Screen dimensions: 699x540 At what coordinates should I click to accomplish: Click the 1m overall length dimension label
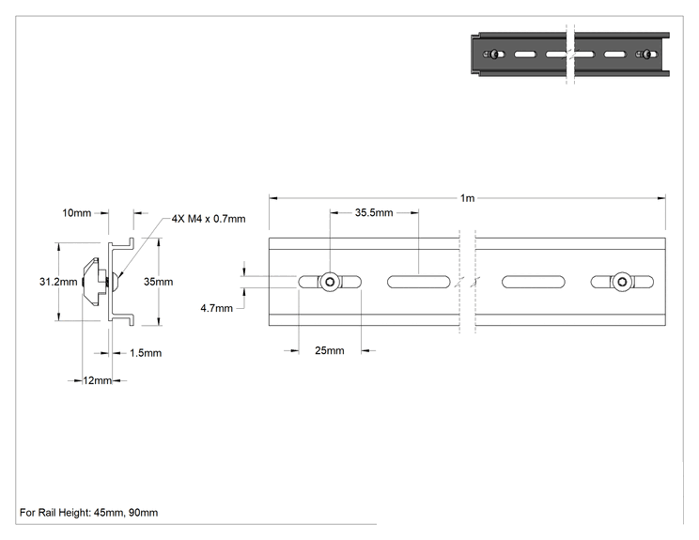coord(467,198)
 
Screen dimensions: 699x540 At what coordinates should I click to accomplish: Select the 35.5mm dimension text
coord(374,212)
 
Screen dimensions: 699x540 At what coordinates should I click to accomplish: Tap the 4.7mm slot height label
coord(217,308)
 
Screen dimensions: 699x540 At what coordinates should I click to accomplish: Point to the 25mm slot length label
coord(330,350)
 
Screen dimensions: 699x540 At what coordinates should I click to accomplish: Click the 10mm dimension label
coord(77,213)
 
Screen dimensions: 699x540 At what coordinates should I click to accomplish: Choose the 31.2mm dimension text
coord(58,282)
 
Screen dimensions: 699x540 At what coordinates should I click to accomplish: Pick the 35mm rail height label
coord(158,282)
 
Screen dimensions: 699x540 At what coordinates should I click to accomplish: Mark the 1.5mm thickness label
coord(146,353)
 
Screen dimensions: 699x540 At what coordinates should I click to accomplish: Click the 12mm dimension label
coord(97,380)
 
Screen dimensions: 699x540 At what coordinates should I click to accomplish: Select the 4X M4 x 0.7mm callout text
coord(209,219)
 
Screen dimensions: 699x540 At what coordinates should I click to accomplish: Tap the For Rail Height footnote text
coord(88,513)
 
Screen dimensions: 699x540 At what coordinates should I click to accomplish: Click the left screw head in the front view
coord(330,282)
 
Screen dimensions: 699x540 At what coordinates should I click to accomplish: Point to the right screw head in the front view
coord(622,282)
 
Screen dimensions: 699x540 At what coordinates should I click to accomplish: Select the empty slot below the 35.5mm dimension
coord(419,282)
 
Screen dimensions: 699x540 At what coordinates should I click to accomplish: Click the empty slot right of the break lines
coord(533,282)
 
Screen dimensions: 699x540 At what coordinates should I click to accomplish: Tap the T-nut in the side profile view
coord(95,282)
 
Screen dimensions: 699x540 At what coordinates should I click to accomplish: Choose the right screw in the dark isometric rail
coord(647,54)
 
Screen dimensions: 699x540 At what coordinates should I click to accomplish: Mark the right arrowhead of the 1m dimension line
coord(661,198)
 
